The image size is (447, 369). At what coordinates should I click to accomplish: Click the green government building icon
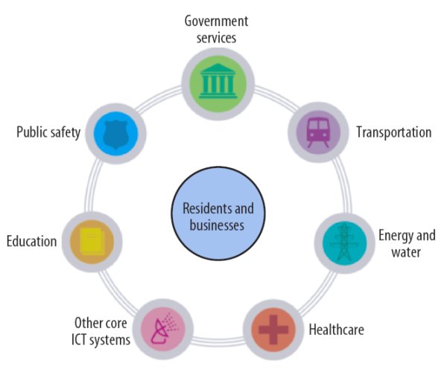(218, 80)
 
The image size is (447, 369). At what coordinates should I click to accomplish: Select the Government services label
(217, 28)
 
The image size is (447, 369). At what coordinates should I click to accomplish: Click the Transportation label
(393, 132)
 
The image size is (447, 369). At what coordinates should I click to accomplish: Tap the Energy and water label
(406, 244)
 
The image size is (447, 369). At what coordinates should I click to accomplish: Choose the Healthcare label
(336, 329)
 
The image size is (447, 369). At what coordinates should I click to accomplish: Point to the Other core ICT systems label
(102, 332)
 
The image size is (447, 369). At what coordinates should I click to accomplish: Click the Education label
(31, 241)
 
